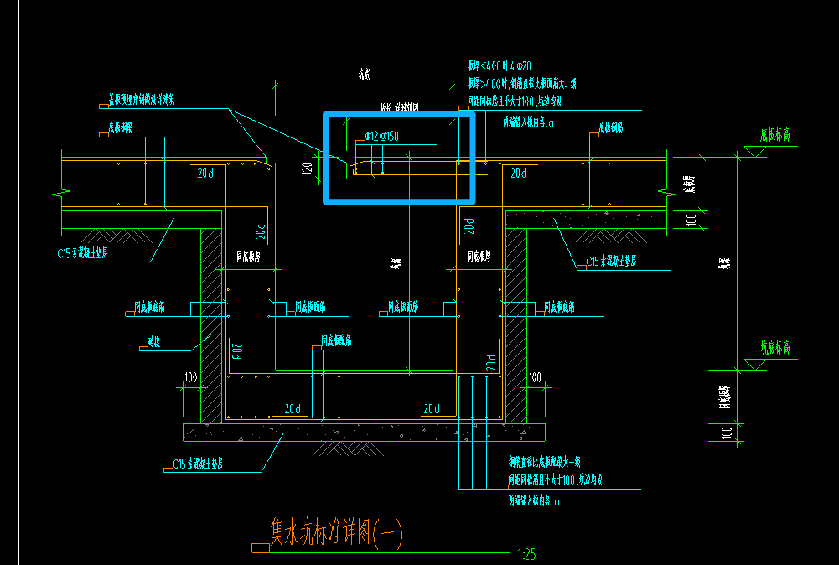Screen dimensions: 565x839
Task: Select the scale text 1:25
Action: (x=527, y=554)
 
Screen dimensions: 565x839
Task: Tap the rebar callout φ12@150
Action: (x=381, y=136)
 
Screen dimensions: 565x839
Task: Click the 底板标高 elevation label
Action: (x=775, y=134)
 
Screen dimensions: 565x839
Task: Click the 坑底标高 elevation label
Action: (x=775, y=348)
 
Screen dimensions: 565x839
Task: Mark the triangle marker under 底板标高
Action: (x=757, y=151)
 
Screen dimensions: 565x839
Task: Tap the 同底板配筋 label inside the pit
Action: (x=336, y=341)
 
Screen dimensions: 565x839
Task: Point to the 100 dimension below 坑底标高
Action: (x=727, y=432)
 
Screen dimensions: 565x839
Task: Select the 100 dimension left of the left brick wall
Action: (x=191, y=379)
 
